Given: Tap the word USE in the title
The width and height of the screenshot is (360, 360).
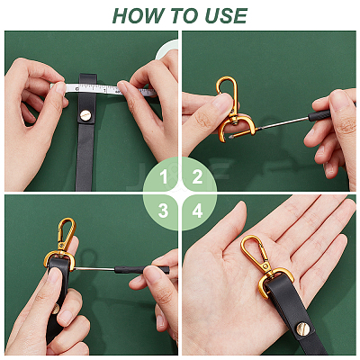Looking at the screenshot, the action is pyautogui.click(x=226, y=15).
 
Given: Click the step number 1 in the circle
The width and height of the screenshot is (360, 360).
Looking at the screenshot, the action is pyautogui.click(x=164, y=177).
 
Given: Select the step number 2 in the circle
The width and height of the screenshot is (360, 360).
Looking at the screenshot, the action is pyautogui.click(x=197, y=177).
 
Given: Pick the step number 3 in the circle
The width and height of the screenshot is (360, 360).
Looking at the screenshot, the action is pyautogui.click(x=163, y=211).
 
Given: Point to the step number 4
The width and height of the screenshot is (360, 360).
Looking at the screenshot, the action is pyautogui.click(x=197, y=211).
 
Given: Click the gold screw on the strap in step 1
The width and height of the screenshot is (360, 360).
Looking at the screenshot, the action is pyautogui.click(x=85, y=114).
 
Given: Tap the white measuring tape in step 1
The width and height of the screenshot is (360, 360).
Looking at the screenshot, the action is pyautogui.click(x=103, y=89).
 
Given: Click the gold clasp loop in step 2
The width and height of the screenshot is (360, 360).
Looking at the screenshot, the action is pyautogui.click(x=227, y=94).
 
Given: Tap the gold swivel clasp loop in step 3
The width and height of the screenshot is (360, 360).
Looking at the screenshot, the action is pyautogui.click(x=67, y=232).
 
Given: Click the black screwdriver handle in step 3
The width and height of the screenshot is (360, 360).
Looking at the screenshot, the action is pyautogui.click(x=141, y=269).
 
